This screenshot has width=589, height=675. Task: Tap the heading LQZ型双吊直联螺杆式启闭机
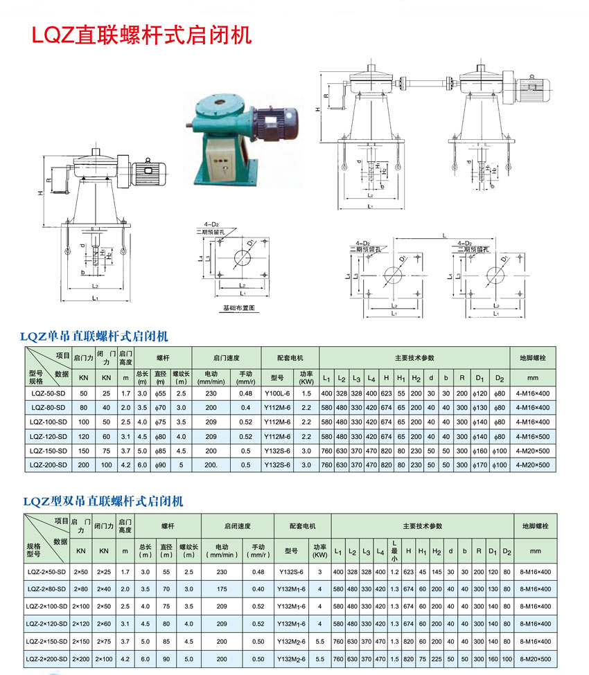[x=104, y=501]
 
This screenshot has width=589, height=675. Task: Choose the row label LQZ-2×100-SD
[x=47, y=606]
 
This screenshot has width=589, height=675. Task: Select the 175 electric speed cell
[x=222, y=589]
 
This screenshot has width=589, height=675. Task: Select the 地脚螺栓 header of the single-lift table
[x=533, y=358]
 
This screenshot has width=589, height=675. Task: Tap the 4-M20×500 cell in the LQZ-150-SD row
[x=533, y=450]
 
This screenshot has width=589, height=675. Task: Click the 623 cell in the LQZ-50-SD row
[x=386, y=393]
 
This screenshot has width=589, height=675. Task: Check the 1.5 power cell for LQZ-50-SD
[x=306, y=393]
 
